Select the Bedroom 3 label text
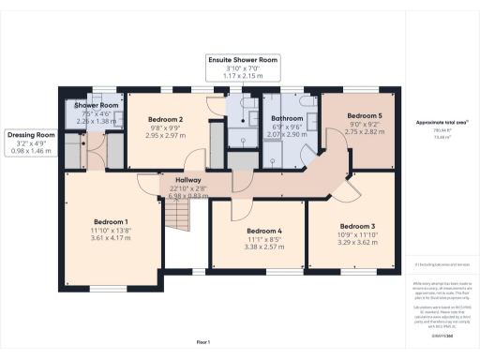tap(358, 226)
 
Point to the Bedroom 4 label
tap(264, 231)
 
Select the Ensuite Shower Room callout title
tap(244, 59)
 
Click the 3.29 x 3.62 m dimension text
tap(358, 243)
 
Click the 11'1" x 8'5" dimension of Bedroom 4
tap(264, 239)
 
